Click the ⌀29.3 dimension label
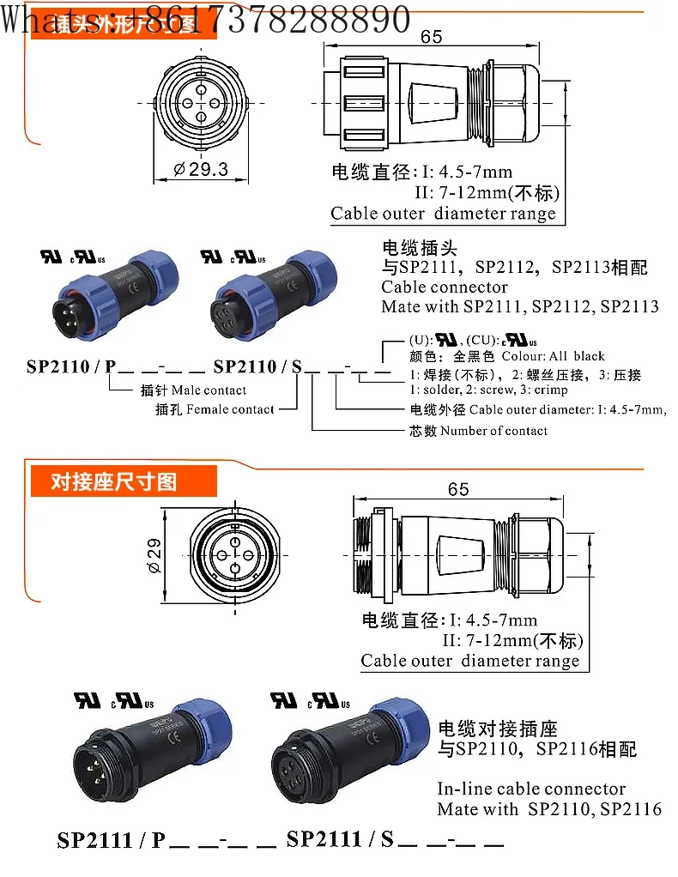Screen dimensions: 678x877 pos(201,169)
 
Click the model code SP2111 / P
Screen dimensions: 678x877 pos(111,839)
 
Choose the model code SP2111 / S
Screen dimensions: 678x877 pos(340,839)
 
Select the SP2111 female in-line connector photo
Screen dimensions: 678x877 pos(343,759)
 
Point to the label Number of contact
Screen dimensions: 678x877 pos(493,431)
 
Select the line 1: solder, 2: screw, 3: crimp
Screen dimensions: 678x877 pos(489,390)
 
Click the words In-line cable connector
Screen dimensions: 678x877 pos(531,789)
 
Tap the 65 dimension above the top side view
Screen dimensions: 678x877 pos(432,37)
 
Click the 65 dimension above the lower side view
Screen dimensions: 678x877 pos(458,488)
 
